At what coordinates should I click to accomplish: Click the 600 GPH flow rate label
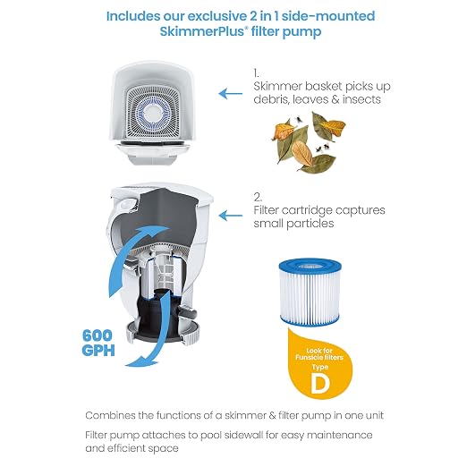(x=98, y=343)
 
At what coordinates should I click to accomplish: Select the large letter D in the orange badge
(x=320, y=383)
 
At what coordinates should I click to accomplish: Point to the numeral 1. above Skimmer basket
(x=256, y=73)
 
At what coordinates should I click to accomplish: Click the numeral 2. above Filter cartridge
(x=258, y=197)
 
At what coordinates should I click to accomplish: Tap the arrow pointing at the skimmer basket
(x=231, y=94)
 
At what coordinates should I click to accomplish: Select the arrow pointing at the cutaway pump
(x=231, y=216)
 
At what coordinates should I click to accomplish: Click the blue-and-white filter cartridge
(x=310, y=292)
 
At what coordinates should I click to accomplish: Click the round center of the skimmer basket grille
(x=153, y=114)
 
